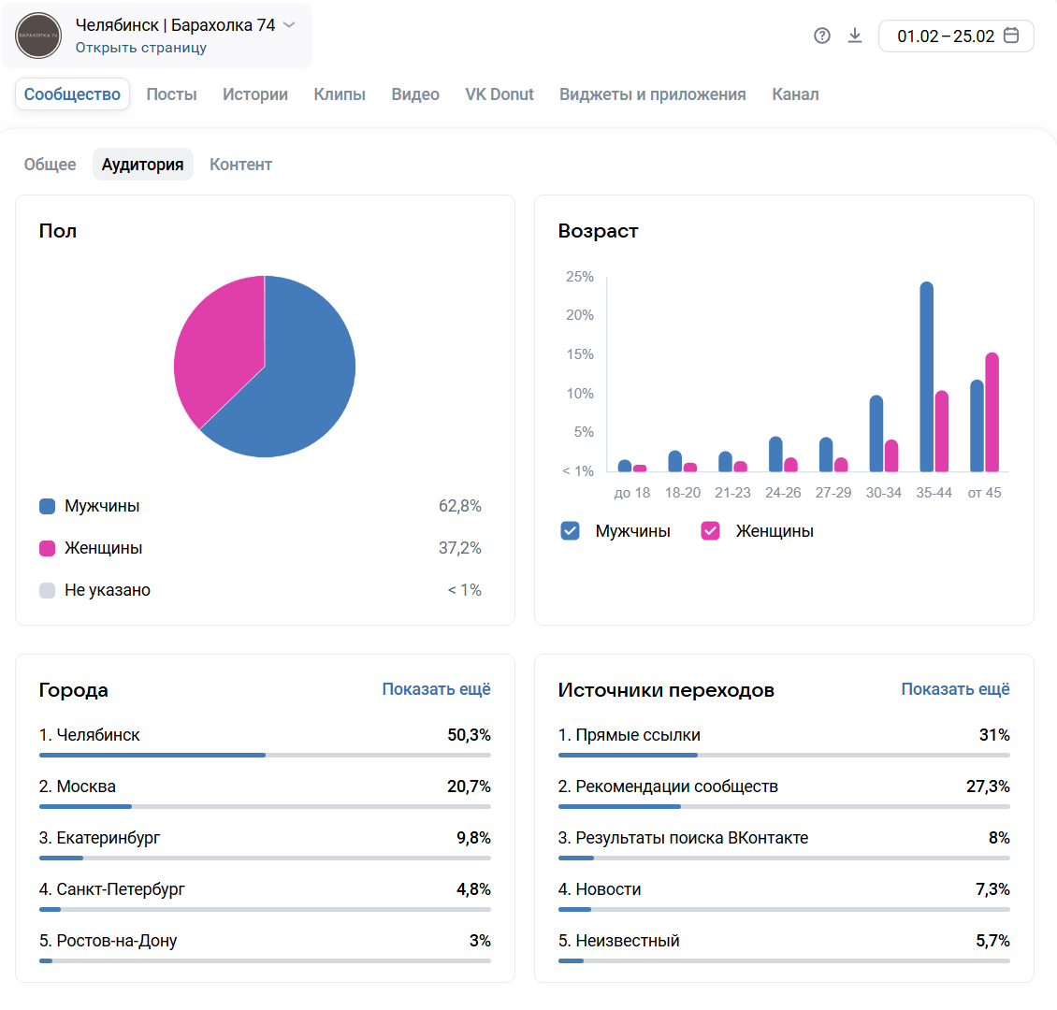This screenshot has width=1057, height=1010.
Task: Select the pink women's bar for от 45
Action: (992, 411)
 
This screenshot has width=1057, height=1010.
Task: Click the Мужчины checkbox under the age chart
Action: (570, 531)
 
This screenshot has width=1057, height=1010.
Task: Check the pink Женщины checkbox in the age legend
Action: (711, 531)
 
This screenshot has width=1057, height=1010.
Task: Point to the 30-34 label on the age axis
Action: (883, 493)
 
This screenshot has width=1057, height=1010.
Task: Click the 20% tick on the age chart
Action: (580, 315)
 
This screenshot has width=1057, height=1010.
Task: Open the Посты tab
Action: (171, 94)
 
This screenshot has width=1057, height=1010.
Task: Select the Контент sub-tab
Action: (240, 165)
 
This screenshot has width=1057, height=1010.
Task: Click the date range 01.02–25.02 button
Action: (956, 36)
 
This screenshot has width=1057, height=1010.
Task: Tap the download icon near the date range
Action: (855, 36)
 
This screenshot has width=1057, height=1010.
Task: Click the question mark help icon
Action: (822, 36)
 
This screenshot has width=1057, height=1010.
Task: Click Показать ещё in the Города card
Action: (436, 689)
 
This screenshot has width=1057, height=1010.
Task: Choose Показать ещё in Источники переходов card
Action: (955, 689)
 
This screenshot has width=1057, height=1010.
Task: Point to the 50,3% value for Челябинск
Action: (469, 735)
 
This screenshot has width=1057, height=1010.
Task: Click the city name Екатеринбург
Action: (108, 838)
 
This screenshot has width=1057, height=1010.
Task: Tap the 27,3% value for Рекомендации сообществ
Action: (988, 786)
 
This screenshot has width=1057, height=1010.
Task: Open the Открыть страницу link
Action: (141, 48)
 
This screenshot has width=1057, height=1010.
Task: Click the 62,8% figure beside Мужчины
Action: (460, 506)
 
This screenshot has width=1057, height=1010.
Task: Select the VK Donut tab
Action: (500, 94)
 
